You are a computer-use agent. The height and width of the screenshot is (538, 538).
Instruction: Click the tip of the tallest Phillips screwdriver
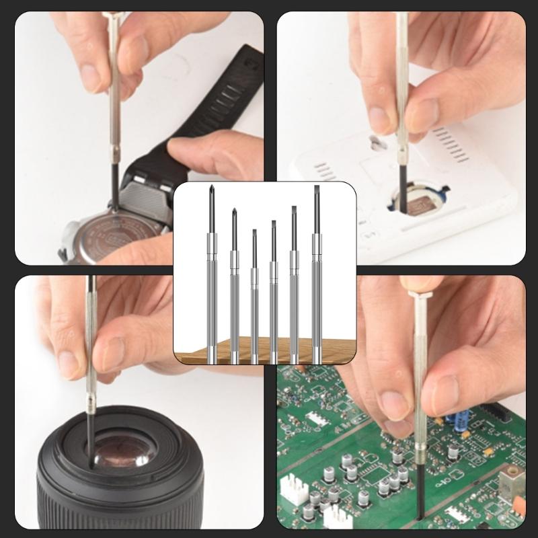[x=212, y=188]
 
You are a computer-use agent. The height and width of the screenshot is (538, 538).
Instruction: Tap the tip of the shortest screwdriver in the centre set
[x=254, y=231]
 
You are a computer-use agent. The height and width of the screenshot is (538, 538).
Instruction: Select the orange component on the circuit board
[x=518, y=504]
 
